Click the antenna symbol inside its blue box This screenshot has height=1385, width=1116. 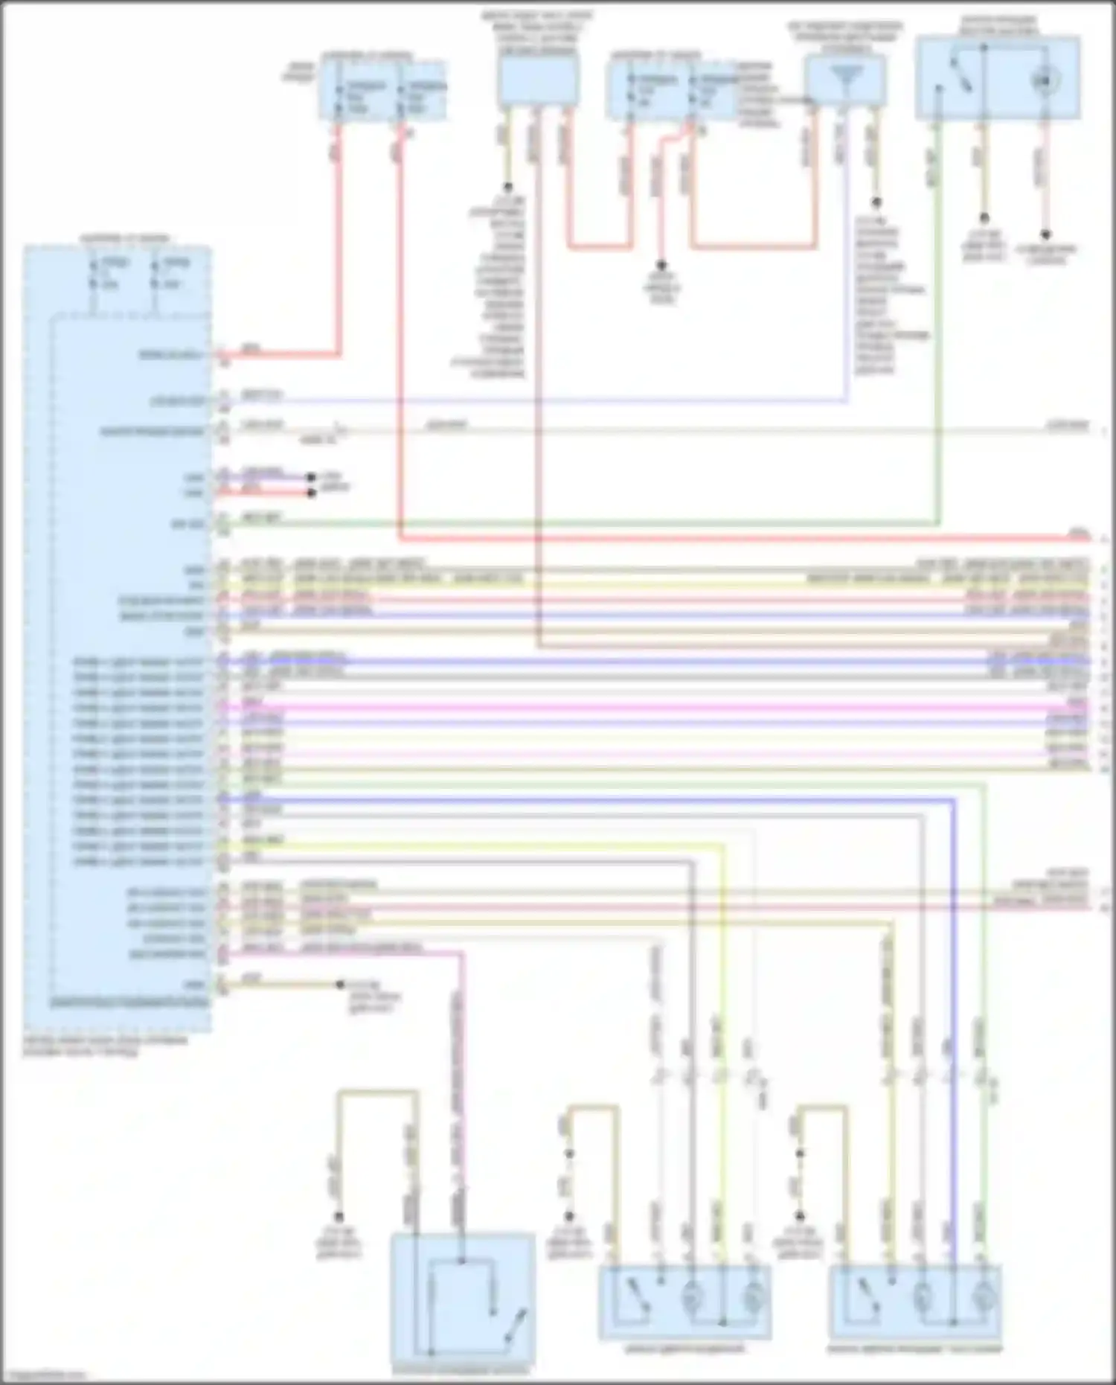click(x=846, y=77)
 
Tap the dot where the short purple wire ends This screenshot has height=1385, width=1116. click(x=312, y=476)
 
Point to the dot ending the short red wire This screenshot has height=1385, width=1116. click(x=312, y=493)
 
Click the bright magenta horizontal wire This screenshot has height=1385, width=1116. click(x=670, y=707)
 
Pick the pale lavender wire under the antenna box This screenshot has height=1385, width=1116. click(x=845, y=260)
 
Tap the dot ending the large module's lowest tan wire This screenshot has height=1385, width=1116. click(x=340, y=984)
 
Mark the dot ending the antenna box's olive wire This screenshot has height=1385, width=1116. click(x=876, y=202)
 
